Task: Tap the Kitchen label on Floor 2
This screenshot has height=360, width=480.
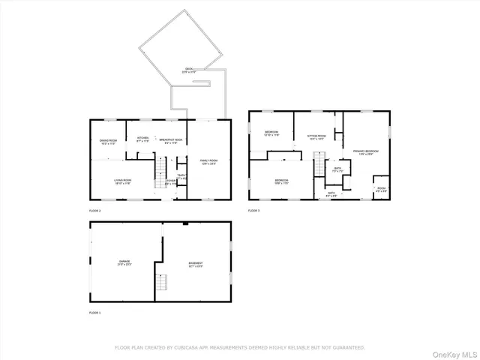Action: [142, 139]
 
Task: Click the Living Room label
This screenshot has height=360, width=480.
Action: [123, 181]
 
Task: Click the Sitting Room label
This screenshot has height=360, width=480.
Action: [316, 136]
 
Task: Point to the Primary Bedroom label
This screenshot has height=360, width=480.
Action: [365, 151]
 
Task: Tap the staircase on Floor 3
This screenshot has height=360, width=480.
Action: [319, 166]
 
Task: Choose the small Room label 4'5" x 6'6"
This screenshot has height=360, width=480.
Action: [381, 188]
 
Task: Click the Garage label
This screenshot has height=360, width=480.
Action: [124, 262]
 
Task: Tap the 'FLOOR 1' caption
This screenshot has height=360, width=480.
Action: [94, 312]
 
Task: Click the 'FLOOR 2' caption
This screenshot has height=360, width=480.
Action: [94, 211]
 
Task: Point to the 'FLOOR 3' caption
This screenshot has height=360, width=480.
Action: [253, 211]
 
